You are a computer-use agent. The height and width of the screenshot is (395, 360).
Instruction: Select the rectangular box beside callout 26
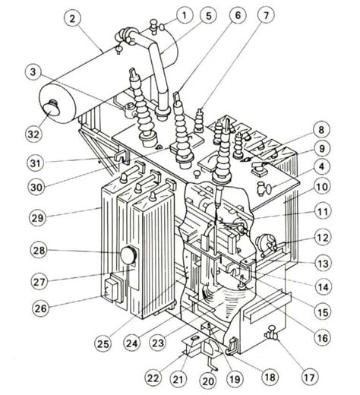112,289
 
